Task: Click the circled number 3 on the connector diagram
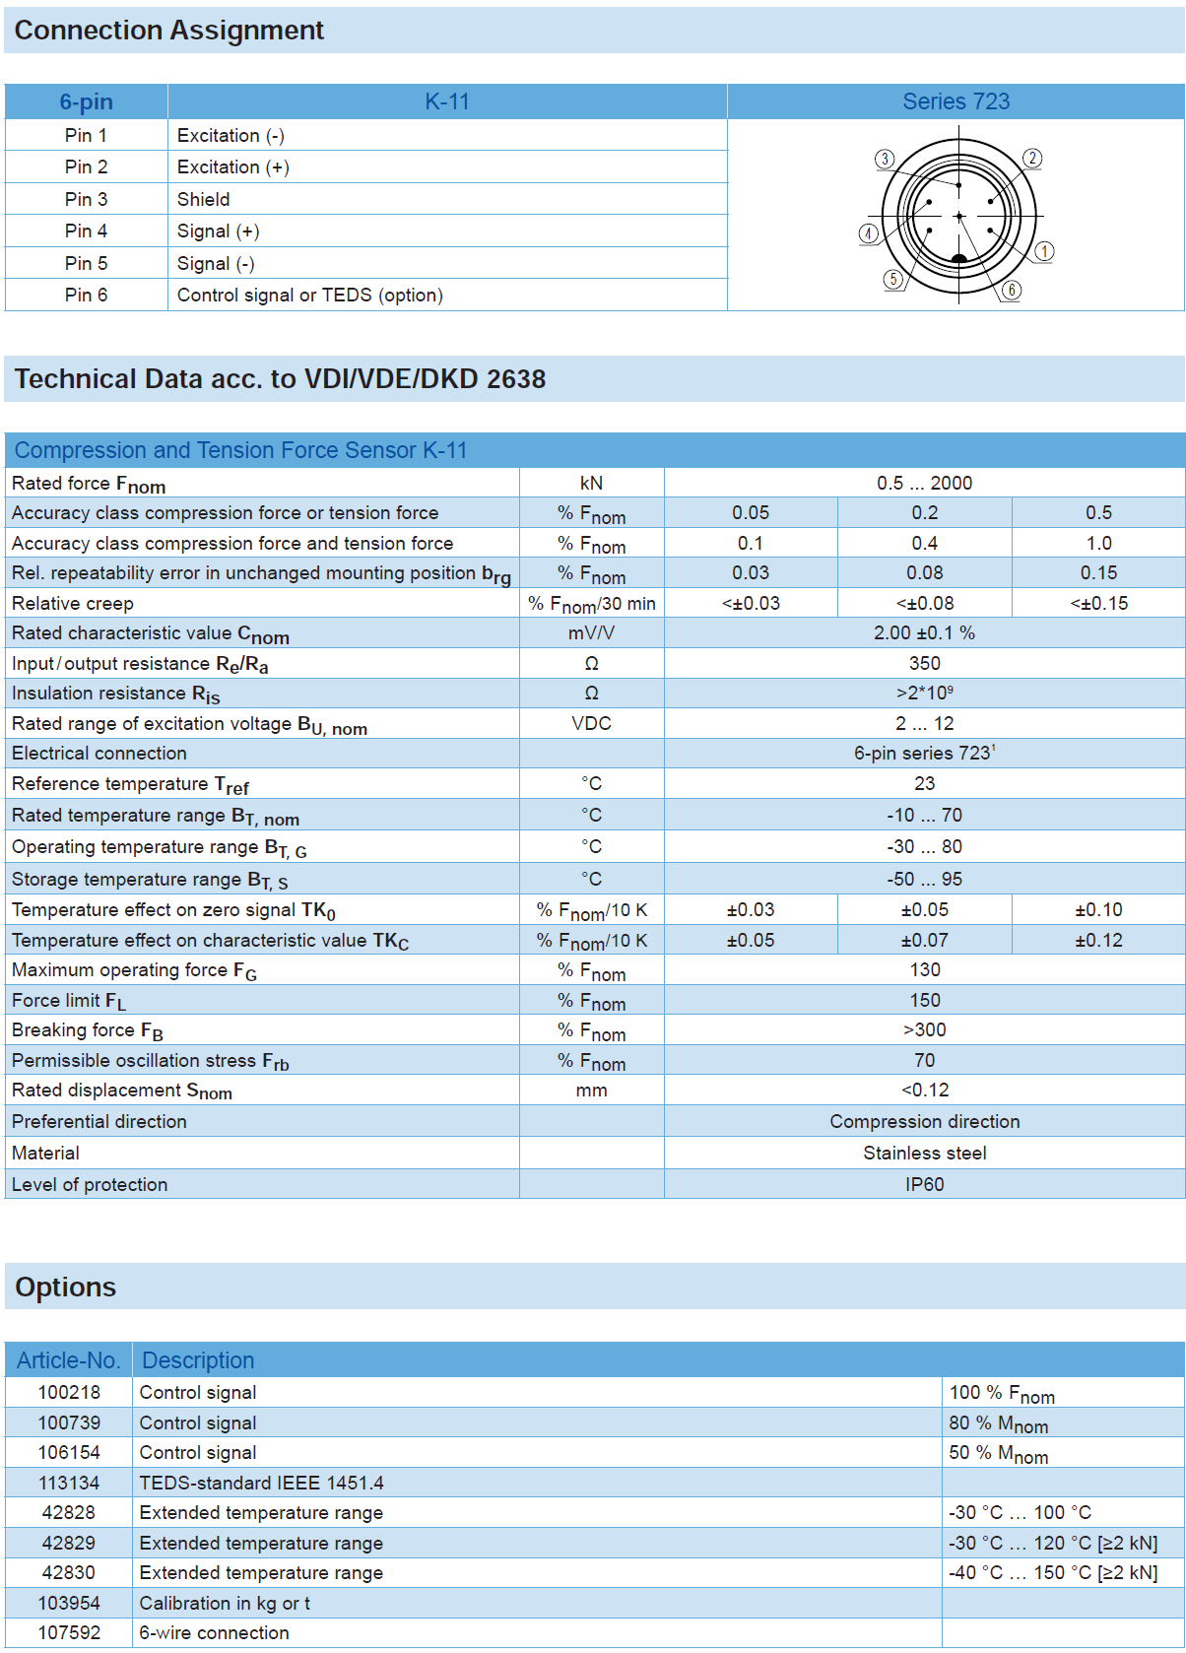885,159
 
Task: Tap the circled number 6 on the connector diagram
1012,290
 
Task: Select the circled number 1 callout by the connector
1044,251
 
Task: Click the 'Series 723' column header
955,101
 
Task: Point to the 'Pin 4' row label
86,231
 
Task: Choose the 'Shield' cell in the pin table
204,199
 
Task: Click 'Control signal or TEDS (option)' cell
310,296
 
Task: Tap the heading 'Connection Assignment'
169,31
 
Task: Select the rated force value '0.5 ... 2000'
924,483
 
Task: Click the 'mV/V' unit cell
591,633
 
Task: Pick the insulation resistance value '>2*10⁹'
924,694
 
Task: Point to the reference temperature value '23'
924,784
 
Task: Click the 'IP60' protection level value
924,1184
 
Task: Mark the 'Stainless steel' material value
924,1153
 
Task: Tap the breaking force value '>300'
924,1030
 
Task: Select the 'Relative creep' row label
73,604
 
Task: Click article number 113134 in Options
69,1483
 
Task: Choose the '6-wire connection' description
215,1632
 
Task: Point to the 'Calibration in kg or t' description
225,1603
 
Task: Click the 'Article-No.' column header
69,1360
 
